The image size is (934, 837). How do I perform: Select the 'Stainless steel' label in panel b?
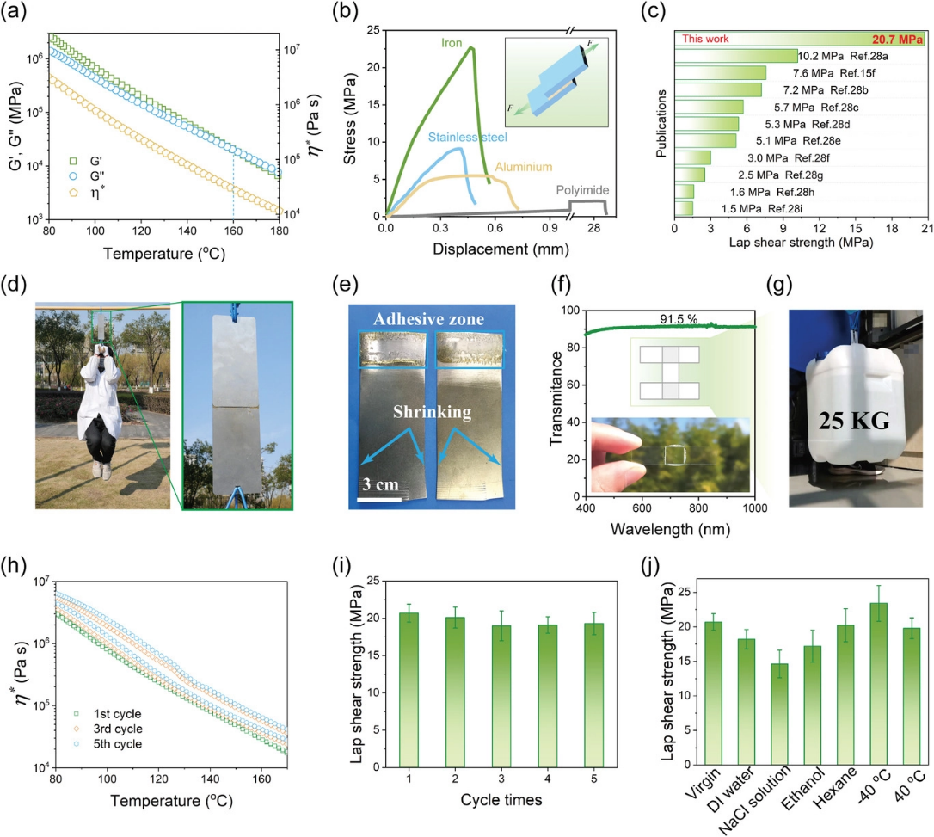pos(466,137)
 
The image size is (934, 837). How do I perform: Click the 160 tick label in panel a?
pos(233,232)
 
